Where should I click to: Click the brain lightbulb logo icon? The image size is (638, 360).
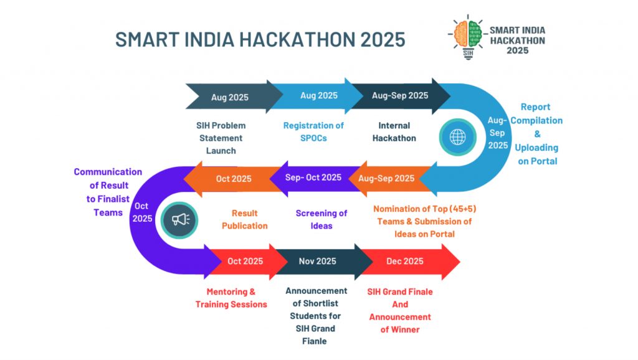tap(468, 37)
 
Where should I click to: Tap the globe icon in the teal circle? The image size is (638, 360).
tap(457, 137)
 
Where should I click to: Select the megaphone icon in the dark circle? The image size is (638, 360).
tap(179, 220)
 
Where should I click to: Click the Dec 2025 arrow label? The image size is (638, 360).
tap(405, 261)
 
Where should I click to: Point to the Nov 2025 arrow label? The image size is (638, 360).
tap(317, 261)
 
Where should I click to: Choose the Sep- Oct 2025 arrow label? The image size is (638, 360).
tap(313, 178)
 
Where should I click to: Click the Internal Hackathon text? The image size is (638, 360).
tap(394, 132)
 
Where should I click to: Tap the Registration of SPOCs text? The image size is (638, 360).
tap(313, 132)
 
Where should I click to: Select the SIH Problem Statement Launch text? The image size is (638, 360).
tap(221, 138)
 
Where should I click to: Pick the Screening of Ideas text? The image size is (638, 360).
tap(321, 219)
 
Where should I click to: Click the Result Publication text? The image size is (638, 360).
tap(244, 219)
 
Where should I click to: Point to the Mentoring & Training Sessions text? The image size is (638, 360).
tap(231, 298)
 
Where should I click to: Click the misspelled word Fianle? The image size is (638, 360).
tap(314, 341)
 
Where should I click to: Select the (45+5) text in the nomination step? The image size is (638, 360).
tap(463, 209)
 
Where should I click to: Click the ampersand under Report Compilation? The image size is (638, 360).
tap(537, 134)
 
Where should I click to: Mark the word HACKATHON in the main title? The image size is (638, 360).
tap(297, 39)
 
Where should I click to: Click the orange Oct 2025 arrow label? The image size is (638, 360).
tap(234, 179)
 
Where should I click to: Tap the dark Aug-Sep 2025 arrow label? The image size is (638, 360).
tap(400, 95)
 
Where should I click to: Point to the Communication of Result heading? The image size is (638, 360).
tap(108, 179)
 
